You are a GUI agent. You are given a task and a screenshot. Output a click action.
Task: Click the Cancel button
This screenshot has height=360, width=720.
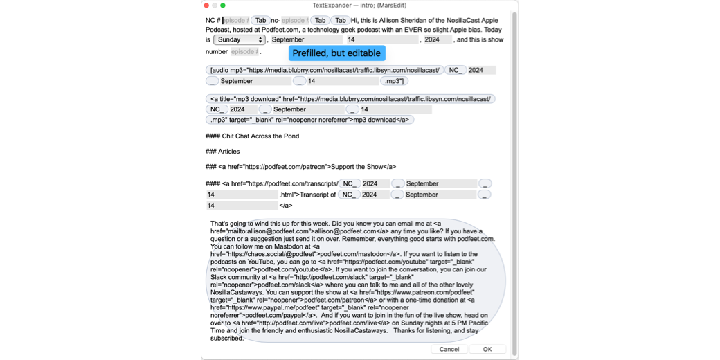click(449, 349)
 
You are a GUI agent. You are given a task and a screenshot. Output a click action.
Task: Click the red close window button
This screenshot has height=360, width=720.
click(206, 6)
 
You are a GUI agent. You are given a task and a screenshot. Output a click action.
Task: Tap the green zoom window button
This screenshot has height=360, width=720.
click(223, 6)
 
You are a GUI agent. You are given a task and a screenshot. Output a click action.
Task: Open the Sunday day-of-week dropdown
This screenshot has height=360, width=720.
click(240, 40)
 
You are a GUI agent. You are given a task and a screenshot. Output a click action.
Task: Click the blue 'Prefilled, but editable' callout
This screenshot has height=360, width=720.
click(336, 53)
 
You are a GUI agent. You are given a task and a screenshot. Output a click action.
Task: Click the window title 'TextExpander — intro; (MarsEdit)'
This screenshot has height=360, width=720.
click(360, 6)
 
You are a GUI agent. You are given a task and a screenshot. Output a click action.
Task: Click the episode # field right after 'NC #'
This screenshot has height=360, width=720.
click(236, 21)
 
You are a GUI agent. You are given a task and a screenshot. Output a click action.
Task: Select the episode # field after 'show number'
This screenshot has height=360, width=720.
click(244, 52)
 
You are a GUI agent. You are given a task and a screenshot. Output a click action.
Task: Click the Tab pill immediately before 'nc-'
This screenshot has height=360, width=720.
click(260, 21)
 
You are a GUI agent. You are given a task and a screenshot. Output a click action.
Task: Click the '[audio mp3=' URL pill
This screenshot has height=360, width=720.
click(325, 70)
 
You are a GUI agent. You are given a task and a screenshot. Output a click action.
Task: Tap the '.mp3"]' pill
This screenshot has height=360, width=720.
click(394, 81)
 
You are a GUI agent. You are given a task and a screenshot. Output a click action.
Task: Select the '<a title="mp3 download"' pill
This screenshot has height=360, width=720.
click(350, 99)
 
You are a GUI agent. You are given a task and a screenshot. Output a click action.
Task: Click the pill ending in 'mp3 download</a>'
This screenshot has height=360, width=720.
click(309, 120)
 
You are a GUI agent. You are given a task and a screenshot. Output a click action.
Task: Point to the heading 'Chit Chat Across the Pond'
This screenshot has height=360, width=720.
click(261, 136)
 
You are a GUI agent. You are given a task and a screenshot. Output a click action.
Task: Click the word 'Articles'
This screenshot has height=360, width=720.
click(229, 152)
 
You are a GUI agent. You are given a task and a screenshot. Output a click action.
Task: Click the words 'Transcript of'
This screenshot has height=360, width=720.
click(318, 195)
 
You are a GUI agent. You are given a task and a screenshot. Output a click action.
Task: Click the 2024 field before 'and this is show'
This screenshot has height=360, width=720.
click(436, 40)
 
